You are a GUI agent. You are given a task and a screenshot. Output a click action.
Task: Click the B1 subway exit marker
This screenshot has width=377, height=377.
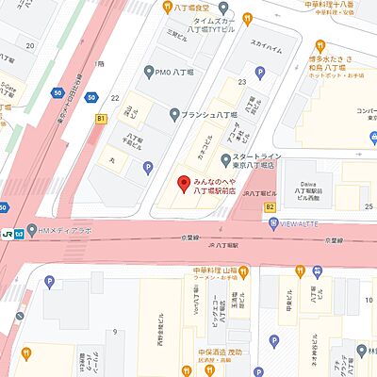point(101,120)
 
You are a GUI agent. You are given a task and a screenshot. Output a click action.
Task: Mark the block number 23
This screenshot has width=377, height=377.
point(241,82)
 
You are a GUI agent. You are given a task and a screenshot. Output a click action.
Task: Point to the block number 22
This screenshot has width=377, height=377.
point(114,98)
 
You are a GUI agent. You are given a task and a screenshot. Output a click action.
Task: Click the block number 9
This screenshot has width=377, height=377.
point(116,332)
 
